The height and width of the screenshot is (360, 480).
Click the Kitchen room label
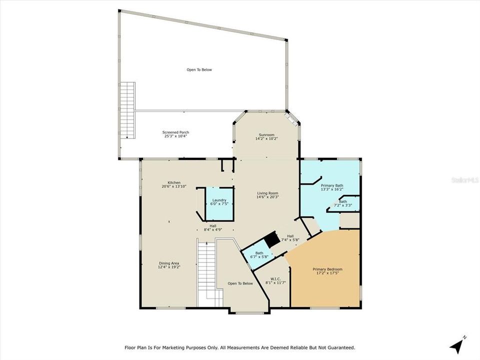(174, 184)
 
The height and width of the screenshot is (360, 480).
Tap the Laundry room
(219, 203)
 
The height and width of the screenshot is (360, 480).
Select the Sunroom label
(266, 136)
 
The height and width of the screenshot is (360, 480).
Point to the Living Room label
(267, 195)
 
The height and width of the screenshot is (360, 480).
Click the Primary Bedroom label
(327, 271)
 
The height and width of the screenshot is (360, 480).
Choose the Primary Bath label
(332, 187)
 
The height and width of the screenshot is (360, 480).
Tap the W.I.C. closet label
(275, 280)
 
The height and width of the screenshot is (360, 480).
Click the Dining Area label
(169, 265)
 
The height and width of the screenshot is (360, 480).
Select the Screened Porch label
(175, 134)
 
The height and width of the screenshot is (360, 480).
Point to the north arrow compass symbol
(457, 345)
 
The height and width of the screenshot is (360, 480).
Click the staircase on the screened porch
(127, 110)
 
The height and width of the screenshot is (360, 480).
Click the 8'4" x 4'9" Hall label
(213, 227)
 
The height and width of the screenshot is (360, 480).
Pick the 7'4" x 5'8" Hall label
(290, 238)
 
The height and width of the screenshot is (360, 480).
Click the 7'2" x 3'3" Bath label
(343, 203)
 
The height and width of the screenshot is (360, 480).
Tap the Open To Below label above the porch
(199, 70)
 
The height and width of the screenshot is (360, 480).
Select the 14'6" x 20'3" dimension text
(267, 197)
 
